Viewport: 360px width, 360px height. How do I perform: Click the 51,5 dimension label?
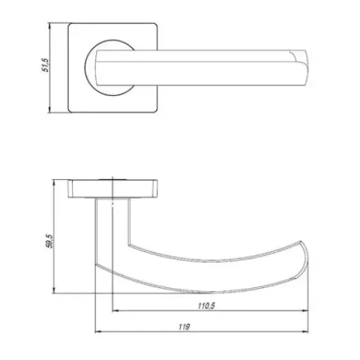pyautogui.click(x=46, y=65)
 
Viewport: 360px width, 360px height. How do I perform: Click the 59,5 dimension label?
pyautogui.click(x=50, y=241)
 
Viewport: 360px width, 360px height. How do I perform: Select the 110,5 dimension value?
pyautogui.click(x=206, y=305)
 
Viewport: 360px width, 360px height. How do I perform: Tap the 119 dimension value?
pyautogui.click(x=184, y=327)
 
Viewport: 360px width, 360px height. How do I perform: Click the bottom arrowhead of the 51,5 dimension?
pyautogui.click(x=50, y=109)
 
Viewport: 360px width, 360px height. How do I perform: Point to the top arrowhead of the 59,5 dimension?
pyautogui.click(x=54, y=183)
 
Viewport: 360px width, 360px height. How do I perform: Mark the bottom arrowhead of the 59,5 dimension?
pyautogui.click(x=54, y=290)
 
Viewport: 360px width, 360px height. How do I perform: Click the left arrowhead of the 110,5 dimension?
pyautogui.click(x=115, y=310)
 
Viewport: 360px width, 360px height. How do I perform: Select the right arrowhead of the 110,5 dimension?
pyautogui.click(x=305, y=310)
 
